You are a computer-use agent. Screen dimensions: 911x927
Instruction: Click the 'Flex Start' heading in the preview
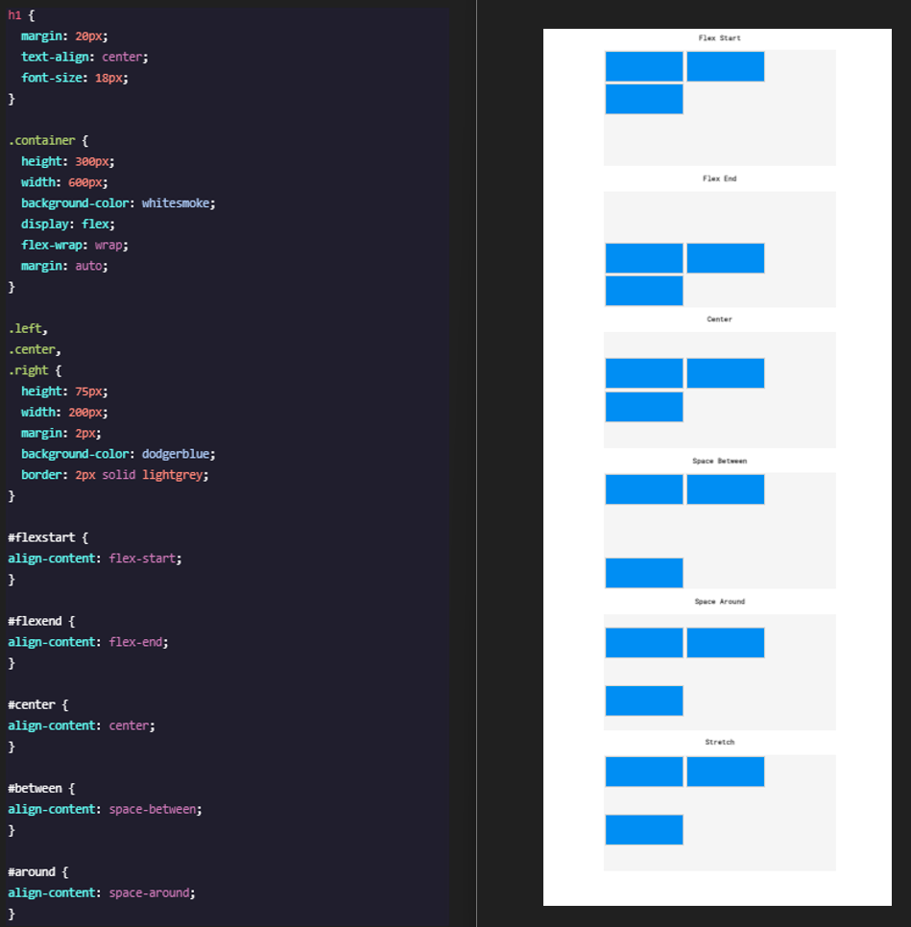click(x=719, y=37)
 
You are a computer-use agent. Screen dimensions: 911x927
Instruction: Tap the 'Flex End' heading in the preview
click(x=719, y=178)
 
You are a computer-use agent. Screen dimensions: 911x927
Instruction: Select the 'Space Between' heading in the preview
click(x=719, y=461)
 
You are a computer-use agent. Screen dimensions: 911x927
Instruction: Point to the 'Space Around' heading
click(x=719, y=602)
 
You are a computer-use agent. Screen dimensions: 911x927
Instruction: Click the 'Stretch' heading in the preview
click(x=719, y=742)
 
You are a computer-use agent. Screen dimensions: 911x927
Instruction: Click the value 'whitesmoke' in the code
click(x=176, y=203)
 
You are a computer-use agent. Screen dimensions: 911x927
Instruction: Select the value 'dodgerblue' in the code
click(x=176, y=454)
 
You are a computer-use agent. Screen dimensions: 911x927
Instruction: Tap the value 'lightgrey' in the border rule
click(x=173, y=475)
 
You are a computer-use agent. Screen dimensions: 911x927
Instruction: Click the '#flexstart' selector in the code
click(x=41, y=537)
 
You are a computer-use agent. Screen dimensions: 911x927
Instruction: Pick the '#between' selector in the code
click(x=35, y=788)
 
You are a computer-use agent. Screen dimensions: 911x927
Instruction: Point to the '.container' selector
click(x=41, y=141)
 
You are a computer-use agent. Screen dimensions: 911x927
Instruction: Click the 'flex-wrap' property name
click(x=52, y=245)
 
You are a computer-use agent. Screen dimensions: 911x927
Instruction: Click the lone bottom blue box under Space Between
click(x=644, y=573)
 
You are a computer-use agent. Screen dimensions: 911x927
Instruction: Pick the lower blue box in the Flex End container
click(x=644, y=291)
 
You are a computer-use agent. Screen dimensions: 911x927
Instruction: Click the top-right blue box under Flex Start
click(x=726, y=66)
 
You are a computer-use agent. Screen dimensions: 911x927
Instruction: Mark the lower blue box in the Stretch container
click(x=644, y=829)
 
